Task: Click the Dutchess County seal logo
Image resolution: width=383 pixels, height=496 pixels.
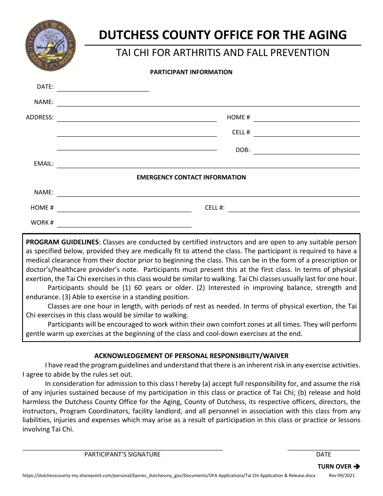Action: tap(50, 45)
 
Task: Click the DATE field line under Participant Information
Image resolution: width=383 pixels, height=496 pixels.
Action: tap(103, 90)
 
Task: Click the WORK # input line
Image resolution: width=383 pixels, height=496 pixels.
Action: tap(124, 226)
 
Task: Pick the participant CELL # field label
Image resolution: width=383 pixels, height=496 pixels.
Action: tap(241, 132)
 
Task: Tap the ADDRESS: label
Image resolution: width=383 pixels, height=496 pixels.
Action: tap(40, 117)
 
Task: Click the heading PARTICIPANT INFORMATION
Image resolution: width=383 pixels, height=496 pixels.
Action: tap(191, 72)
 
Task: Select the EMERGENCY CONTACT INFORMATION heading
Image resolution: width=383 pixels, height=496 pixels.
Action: tap(191, 177)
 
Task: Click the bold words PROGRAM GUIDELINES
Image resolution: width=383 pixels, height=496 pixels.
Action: tap(62, 242)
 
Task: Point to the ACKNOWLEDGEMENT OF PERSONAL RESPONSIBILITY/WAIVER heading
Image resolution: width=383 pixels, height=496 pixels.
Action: tap(191, 356)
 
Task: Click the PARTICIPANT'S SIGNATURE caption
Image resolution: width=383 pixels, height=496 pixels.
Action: tap(122, 454)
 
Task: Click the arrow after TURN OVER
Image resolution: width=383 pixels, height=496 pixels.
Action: tap(356, 467)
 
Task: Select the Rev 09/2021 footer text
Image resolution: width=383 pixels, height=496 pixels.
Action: tap(342, 476)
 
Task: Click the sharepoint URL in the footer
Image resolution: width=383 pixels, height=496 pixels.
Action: tap(169, 476)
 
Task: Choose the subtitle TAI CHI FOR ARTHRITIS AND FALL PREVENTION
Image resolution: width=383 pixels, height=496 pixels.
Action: tap(223, 53)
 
